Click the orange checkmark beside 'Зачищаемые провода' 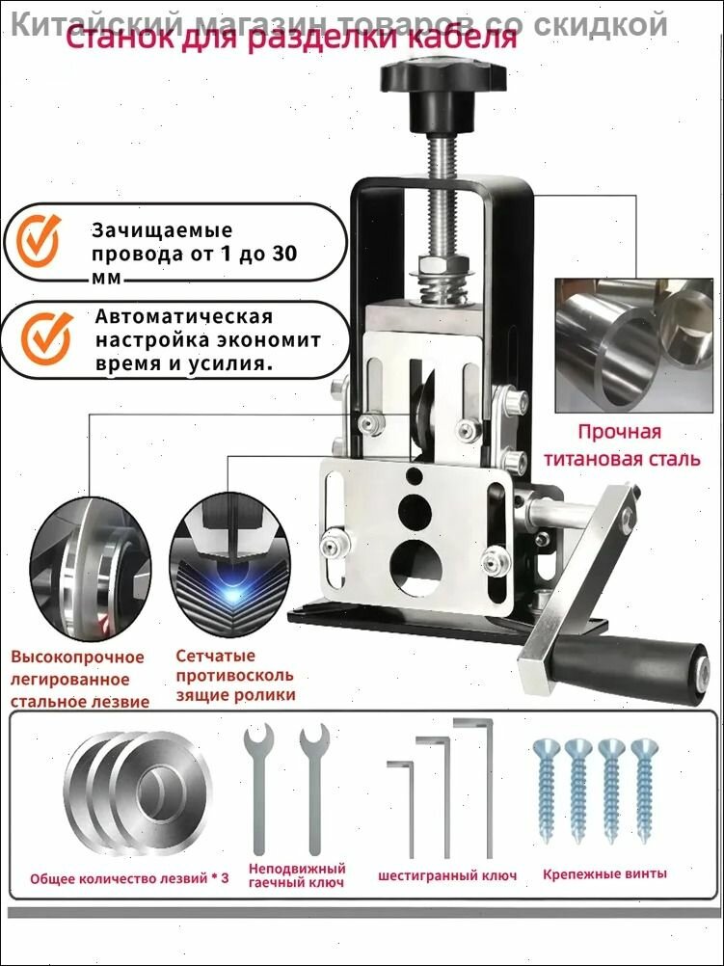coord(40,242)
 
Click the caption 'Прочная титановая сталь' coord(621,444)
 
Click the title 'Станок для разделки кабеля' coord(290,41)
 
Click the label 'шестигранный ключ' coord(447,875)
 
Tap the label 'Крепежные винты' coord(603,873)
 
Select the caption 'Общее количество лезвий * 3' coord(130,879)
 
